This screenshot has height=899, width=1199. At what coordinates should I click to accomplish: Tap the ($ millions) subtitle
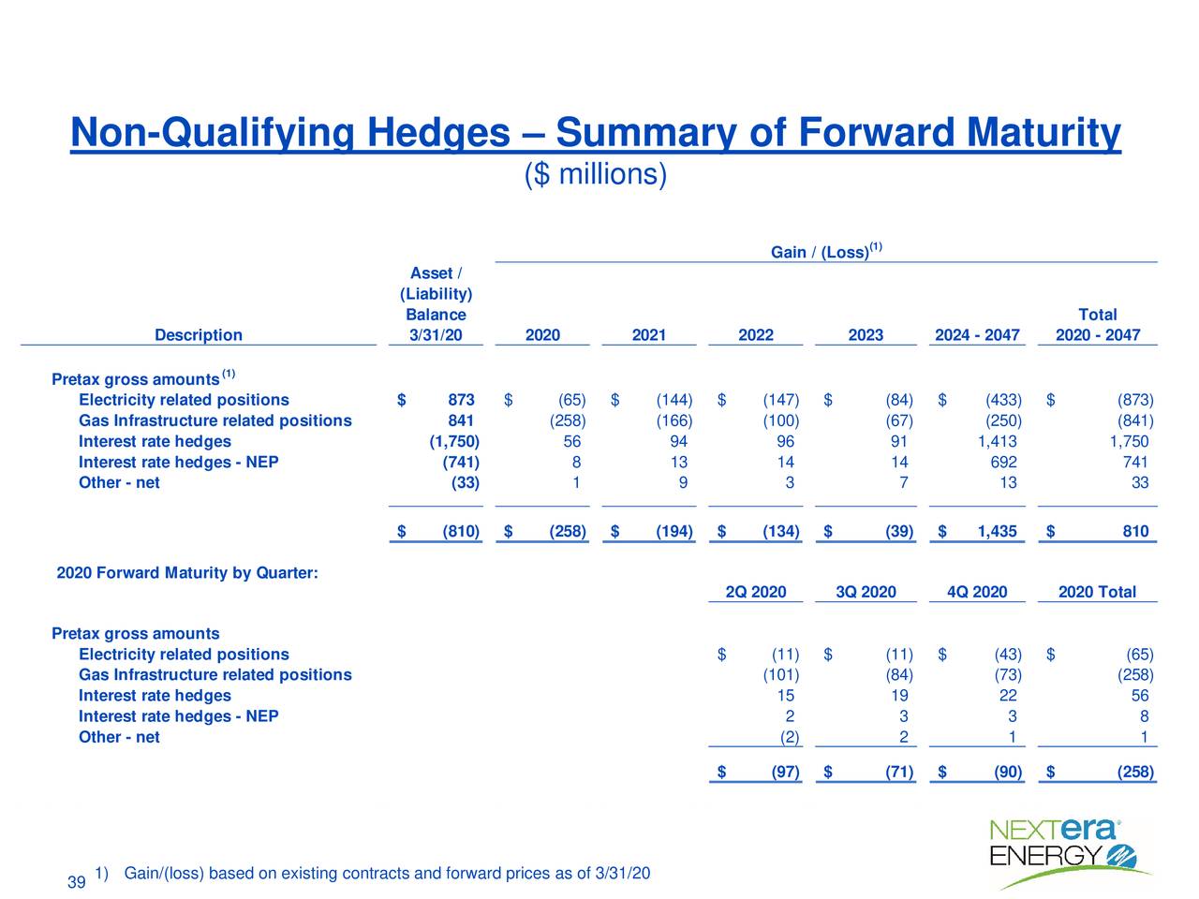[596, 174]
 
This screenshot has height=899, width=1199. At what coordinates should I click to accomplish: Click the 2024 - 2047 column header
[976, 335]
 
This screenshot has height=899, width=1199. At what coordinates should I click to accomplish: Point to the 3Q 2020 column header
[866, 592]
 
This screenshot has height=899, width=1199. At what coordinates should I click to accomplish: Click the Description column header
[198, 335]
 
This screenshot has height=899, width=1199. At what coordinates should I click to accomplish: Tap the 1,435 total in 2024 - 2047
[997, 532]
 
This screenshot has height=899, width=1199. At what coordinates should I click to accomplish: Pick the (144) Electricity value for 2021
[674, 401]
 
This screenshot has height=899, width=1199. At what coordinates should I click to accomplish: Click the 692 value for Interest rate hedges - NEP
[1003, 463]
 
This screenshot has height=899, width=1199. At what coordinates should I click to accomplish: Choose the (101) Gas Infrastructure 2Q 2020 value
[780, 675]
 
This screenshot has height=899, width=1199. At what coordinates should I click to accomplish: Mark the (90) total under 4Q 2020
[1008, 773]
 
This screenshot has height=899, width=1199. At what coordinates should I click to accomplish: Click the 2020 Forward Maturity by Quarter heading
[187, 572]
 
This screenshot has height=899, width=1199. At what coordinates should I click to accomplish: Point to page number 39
[78, 883]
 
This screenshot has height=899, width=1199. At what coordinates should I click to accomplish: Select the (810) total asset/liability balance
[461, 532]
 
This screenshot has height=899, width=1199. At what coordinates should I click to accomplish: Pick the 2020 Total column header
[1097, 592]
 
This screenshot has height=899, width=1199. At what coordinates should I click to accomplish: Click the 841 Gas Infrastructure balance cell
[461, 421]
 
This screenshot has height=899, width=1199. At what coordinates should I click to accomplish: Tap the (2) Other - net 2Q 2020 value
[790, 737]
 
